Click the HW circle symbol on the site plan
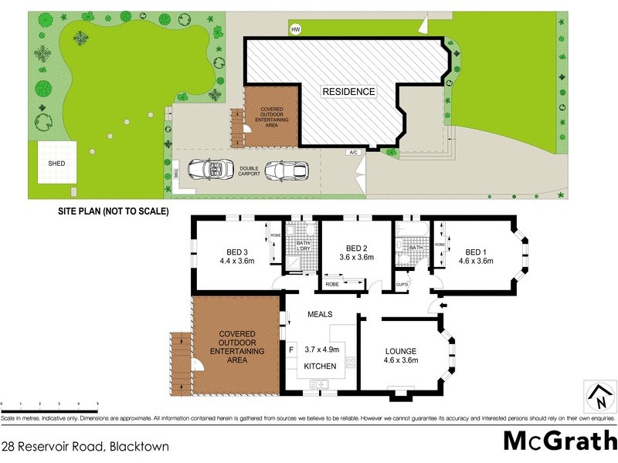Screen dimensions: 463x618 point(295,30)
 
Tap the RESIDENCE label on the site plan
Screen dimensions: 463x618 point(348,92)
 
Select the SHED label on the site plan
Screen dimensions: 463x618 point(56,164)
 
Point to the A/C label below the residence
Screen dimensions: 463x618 point(353,152)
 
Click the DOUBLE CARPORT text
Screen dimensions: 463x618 point(249,172)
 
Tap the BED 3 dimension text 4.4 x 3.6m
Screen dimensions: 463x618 point(237,262)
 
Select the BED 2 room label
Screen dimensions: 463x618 point(356,248)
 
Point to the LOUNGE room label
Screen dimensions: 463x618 point(401,351)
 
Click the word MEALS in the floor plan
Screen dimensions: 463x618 point(320,314)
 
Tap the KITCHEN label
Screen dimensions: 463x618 point(320,366)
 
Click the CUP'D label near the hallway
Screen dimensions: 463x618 point(401,285)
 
